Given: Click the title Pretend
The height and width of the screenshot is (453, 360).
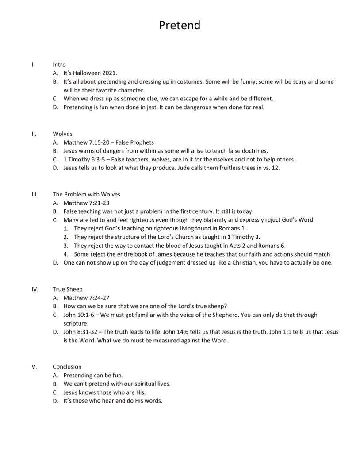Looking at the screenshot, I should click(180, 25).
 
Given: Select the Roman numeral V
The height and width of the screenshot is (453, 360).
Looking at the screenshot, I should click(34, 367).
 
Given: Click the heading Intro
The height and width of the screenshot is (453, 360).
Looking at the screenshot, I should click(59, 65).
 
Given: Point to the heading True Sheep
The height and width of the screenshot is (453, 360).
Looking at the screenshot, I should click(67, 289).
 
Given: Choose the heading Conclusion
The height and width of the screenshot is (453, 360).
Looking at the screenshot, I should click(67, 367).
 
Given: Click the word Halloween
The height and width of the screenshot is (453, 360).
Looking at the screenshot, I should click(88, 73).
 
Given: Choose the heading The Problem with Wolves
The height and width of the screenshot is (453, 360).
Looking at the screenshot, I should click(86, 194).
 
